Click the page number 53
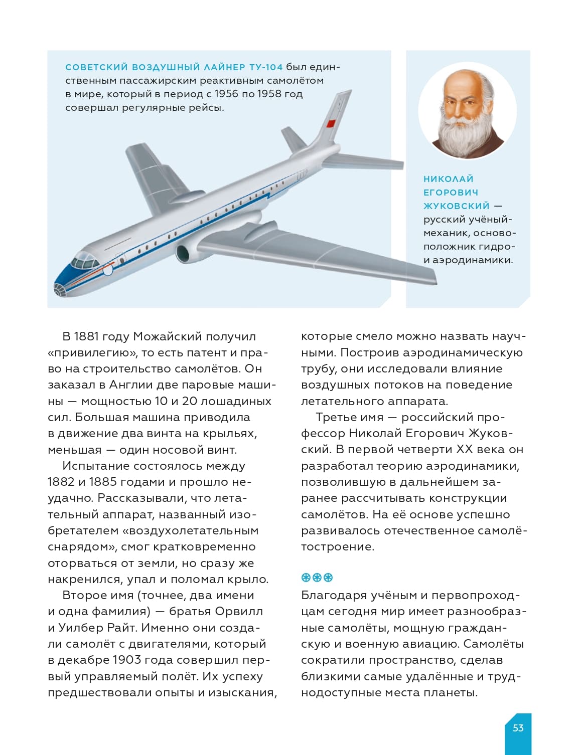tap(518, 728)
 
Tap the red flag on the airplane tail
tap(331, 123)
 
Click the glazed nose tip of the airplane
tap(60, 289)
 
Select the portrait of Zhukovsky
tap(467, 111)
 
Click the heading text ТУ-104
tap(266, 67)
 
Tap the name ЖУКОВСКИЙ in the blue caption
tap(456, 206)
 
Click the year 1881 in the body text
tap(86, 336)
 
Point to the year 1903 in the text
tap(115, 660)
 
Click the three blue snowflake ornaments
tap(317, 578)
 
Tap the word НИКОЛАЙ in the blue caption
tap(448, 179)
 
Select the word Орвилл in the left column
tap(238, 612)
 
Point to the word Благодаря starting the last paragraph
tap(333, 596)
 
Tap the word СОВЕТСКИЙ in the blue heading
tap(95, 67)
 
